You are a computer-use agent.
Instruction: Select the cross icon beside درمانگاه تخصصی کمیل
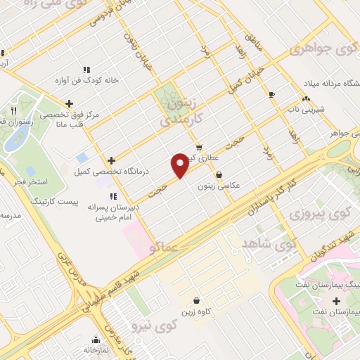tap(111, 160)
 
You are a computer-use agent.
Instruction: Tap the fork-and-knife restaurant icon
tap(13, 111)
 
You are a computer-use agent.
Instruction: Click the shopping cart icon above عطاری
tap(200, 148)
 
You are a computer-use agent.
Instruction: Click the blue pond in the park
tap(13, 139)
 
